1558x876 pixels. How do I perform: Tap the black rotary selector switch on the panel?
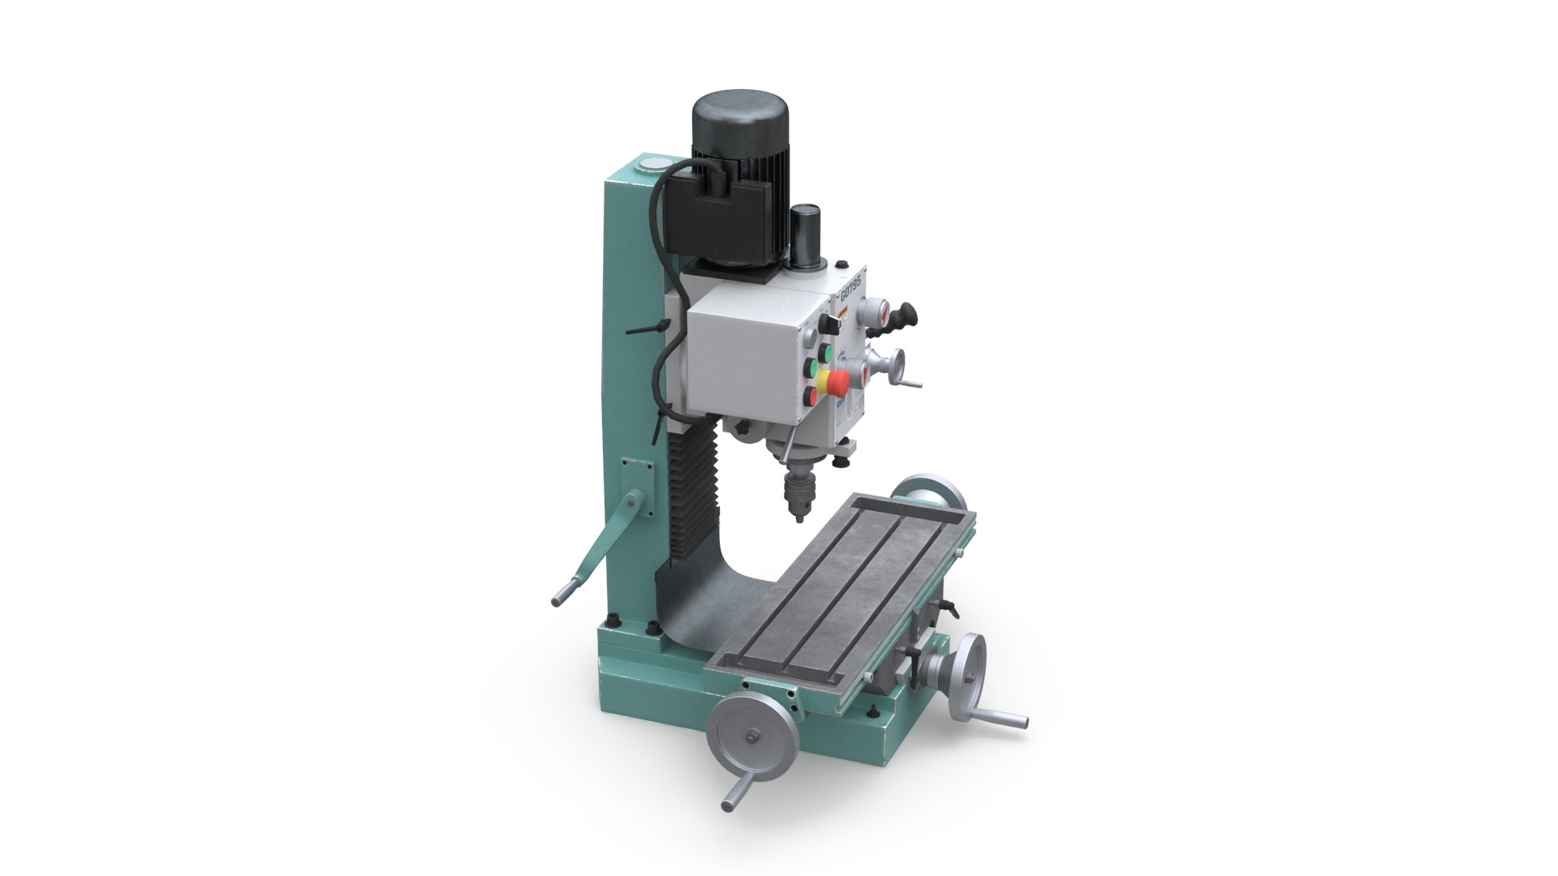[x=828, y=324]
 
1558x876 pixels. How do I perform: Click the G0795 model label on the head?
[x=851, y=289]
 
